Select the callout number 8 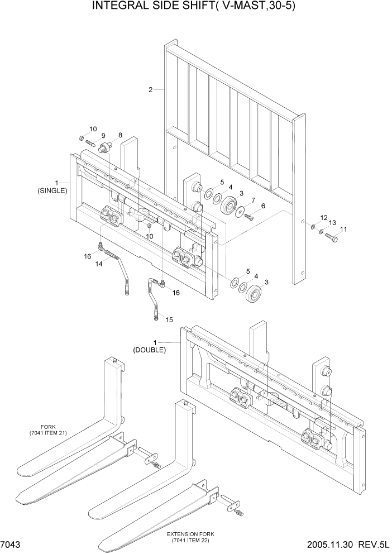tap(119, 135)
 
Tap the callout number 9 tap(103, 135)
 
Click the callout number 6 tap(263, 206)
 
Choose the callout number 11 tap(343, 229)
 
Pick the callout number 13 tap(332, 223)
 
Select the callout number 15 tap(169, 320)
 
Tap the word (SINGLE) tap(52, 190)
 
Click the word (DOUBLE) tap(149, 350)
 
